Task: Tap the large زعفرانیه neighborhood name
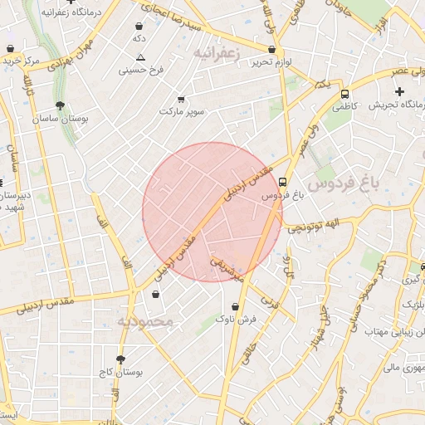(x=217, y=52)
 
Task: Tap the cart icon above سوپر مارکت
(x=181, y=100)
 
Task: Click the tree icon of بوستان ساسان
(x=61, y=106)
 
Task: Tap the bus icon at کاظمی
(x=344, y=95)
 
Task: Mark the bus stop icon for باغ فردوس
(x=283, y=183)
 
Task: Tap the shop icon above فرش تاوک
(x=237, y=305)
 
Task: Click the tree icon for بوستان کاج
(x=122, y=359)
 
